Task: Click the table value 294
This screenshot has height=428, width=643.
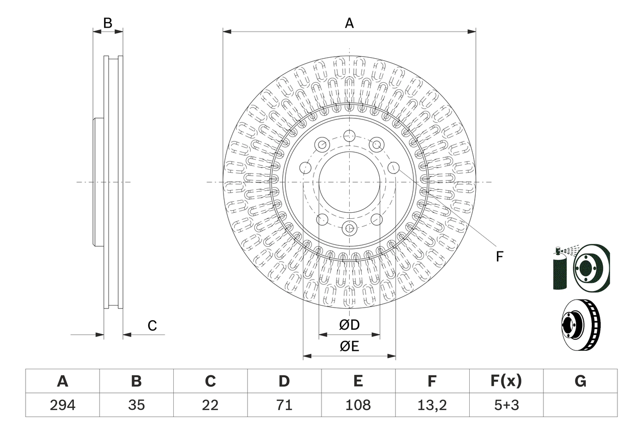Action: pos(62,405)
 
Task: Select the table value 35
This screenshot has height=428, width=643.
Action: pos(136,405)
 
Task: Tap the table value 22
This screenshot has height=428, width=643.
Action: pos(210,405)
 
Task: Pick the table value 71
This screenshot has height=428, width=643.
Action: pos(284,405)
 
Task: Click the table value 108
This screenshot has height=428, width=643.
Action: pos(358,405)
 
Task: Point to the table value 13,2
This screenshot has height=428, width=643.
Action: pos(432,405)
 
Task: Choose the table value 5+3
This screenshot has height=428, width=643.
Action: pos(506,405)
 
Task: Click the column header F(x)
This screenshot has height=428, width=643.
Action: pos(506,381)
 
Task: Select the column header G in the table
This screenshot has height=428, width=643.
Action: pos(580,381)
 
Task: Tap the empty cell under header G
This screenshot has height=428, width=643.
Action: pos(580,405)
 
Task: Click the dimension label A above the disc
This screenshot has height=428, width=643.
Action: pos(349,23)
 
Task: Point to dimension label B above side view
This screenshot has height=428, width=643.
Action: pos(108,23)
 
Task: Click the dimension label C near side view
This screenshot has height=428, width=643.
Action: pos(152,326)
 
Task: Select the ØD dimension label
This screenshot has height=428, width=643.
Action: pos(349,325)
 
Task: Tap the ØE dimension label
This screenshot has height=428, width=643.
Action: pos(349,347)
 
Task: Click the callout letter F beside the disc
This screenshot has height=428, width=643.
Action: pos(499,257)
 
